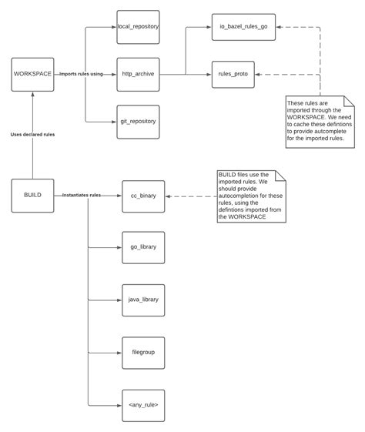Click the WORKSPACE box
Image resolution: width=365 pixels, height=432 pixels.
click(x=32, y=74)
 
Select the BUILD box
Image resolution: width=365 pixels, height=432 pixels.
click(x=32, y=196)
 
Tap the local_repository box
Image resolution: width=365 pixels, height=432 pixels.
click(x=138, y=27)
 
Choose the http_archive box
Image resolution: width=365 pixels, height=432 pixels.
click(x=138, y=74)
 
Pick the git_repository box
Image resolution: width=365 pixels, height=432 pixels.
click(x=138, y=121)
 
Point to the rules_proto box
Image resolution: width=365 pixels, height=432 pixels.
click(x=233, y=74)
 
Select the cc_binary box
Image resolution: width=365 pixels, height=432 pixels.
click(x=143, y=196)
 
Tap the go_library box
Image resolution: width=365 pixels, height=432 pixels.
click(x=143, y=247)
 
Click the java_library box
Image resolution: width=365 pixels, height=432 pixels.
click(x=143, y=299)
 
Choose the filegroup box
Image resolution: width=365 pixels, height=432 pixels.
click(x=143, y=351)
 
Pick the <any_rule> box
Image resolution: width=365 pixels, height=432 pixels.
click(x=143, y=404)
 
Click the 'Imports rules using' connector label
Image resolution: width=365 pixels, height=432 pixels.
click(x=82, y=74)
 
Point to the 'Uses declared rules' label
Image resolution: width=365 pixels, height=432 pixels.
click(x=32, y=134)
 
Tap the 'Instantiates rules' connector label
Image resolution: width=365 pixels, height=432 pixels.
click(x=82, y=196)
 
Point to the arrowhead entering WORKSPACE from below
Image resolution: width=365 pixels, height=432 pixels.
click(x=32, y=95)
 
